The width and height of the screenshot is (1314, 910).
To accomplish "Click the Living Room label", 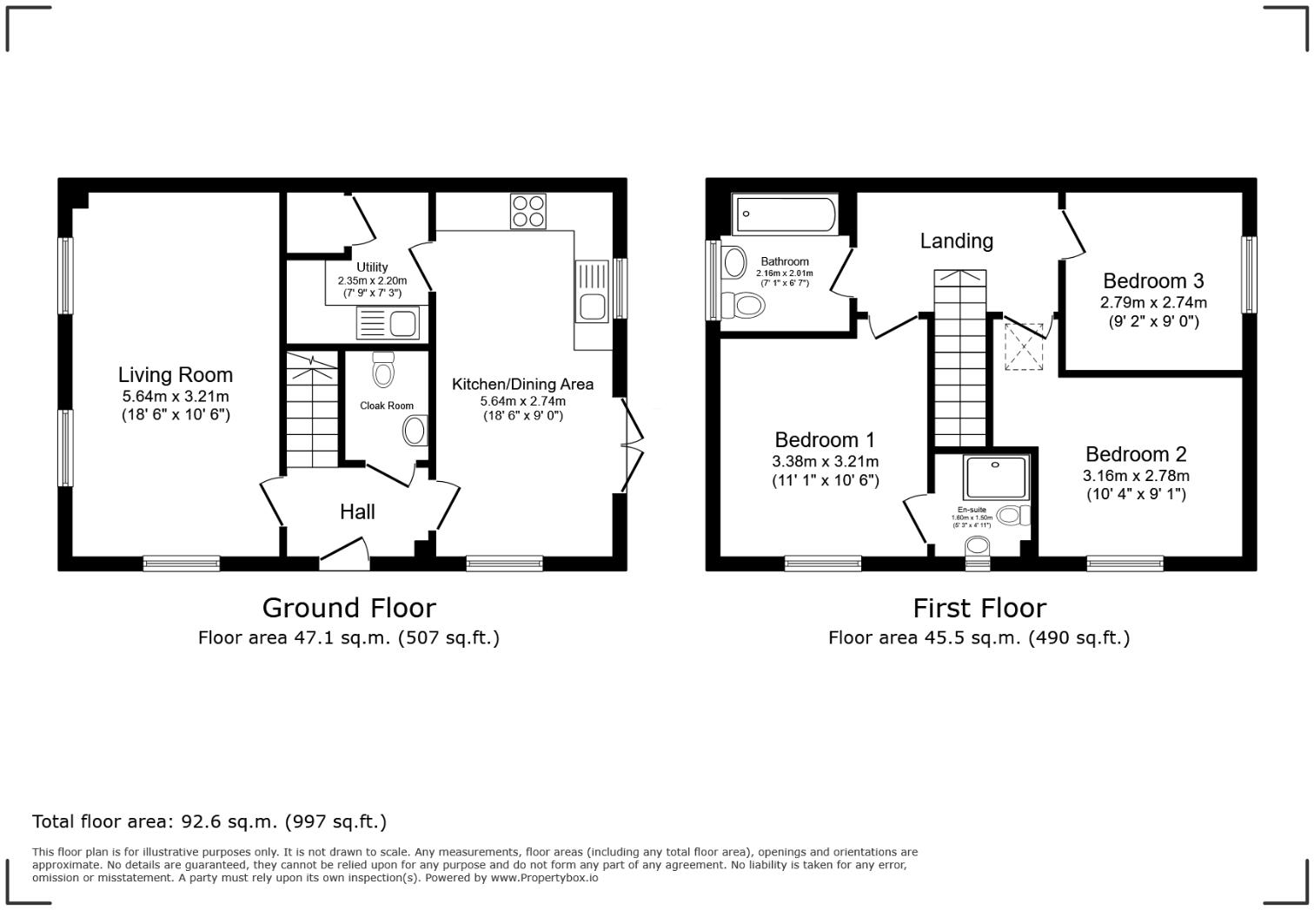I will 176,375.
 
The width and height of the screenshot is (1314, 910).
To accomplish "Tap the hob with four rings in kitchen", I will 528,211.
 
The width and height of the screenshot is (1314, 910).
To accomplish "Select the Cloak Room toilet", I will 382,370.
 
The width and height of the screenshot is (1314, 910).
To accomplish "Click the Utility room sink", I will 388,324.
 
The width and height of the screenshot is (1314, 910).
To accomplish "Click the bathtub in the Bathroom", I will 785,214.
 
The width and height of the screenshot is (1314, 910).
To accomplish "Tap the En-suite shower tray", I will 996,477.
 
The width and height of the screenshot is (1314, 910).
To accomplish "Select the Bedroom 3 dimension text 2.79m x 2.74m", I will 1153,302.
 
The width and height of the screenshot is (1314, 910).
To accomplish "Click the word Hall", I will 357,512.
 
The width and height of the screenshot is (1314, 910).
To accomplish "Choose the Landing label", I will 956,241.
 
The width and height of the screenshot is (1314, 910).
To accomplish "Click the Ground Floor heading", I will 348,607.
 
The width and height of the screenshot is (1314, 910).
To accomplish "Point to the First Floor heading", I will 979,607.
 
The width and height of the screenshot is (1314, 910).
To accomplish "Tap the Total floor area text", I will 209,821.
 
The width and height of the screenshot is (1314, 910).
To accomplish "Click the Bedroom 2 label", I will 1135,454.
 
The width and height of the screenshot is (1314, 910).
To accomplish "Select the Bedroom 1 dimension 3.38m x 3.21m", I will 825,461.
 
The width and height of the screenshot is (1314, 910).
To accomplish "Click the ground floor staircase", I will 312,408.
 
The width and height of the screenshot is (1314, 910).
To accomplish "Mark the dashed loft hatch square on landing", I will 1025,347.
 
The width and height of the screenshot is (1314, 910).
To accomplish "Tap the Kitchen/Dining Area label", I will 522,384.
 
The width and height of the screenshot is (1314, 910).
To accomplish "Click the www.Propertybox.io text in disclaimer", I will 544,878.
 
